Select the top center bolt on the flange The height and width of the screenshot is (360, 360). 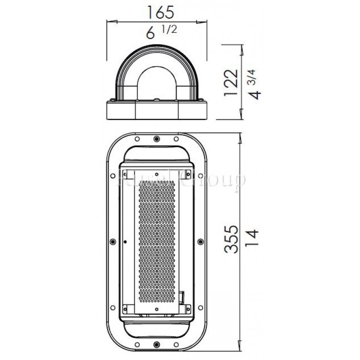click(156, 138)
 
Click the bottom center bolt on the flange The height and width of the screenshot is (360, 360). click(156, 345)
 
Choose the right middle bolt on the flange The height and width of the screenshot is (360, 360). click(199, 242)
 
